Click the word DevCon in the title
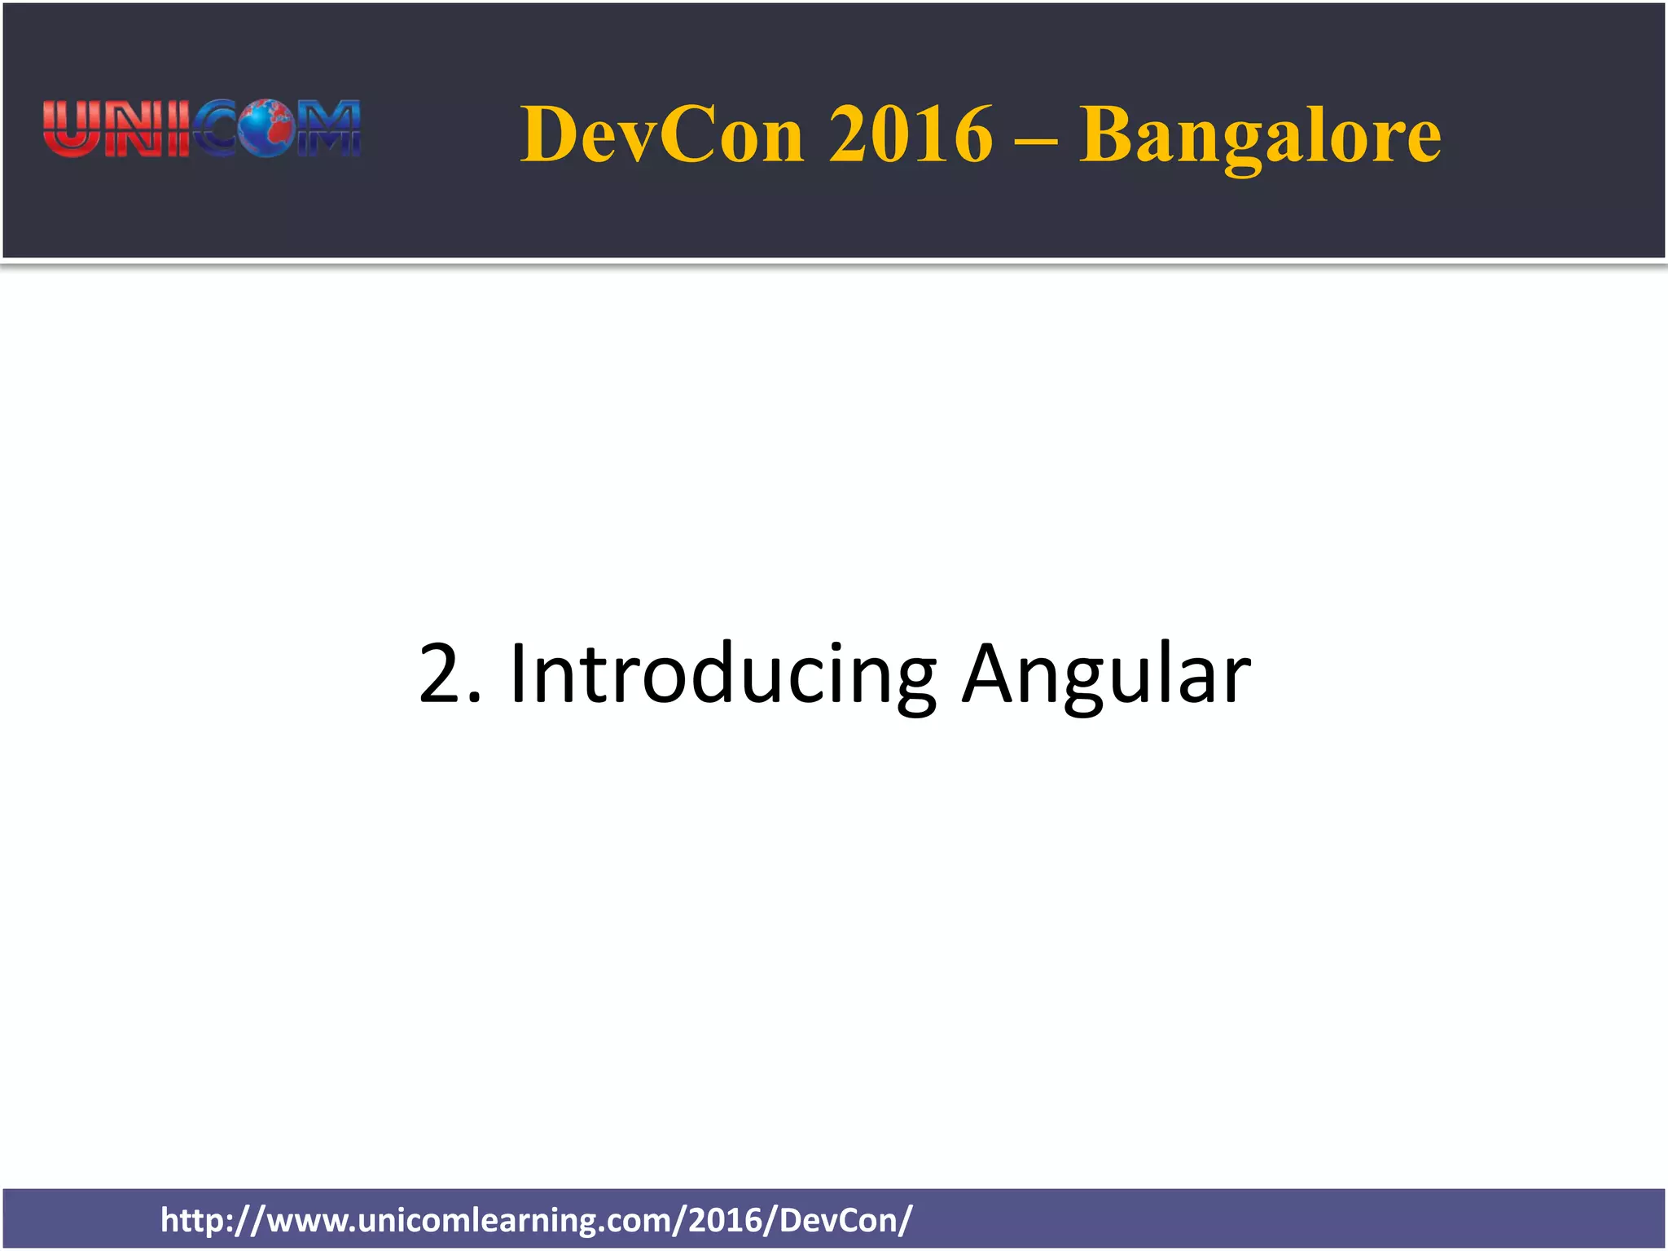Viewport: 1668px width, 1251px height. point(662,134)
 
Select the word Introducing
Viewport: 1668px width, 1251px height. point(722,674)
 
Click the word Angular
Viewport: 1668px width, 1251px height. point(1105,674)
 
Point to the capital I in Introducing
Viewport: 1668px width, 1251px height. point(519,674)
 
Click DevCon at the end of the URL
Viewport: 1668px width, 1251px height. point(838,1220)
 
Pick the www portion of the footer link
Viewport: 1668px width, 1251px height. point(306,1220)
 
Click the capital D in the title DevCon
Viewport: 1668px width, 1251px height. point(548,134)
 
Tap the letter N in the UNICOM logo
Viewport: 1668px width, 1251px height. point(130,128)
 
